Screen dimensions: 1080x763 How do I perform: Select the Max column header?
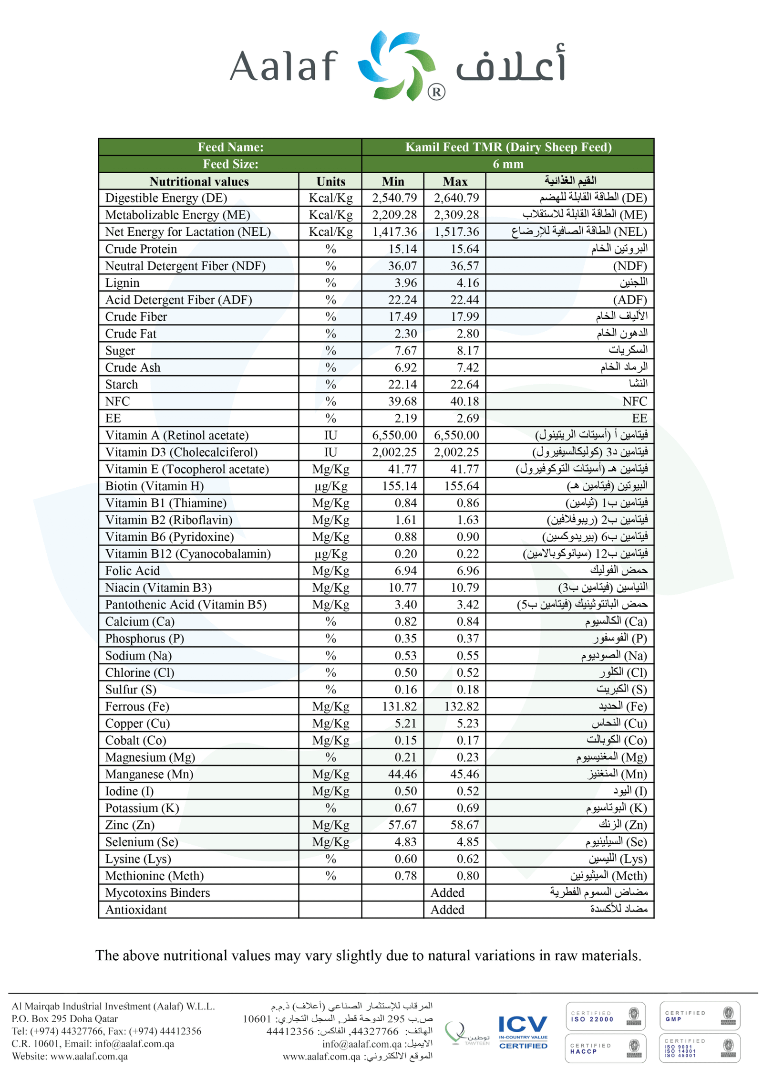pos(454,181)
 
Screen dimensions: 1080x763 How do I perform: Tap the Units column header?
pos(330,181)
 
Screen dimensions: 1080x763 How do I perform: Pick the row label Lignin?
pos(122,283)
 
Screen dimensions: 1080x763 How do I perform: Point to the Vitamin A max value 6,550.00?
pos(456,435)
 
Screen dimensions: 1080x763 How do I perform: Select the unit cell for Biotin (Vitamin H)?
pos(330,486)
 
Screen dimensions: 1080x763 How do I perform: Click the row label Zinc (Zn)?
pos(130,825)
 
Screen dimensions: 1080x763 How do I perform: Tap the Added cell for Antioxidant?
pos(447,910)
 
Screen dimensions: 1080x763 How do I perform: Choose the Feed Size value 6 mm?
pos(507,164)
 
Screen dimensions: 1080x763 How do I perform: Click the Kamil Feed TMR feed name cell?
pos(507,147)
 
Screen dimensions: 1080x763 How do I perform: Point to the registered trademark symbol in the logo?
pos(436,92)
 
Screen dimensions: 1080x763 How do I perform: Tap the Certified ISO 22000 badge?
pos(605,1016)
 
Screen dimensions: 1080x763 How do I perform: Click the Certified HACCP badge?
pos(605,1048)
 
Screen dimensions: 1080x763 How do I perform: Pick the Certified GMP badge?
pos(699,1016)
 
